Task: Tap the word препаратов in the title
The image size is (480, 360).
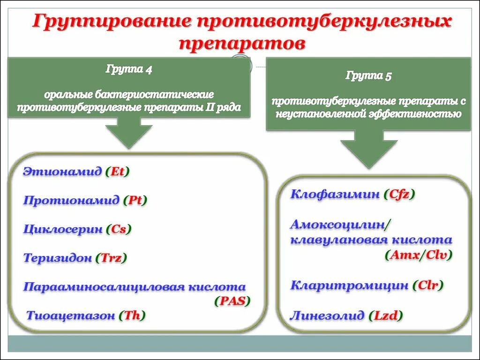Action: [242, 43]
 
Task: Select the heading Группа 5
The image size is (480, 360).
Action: [368, 75]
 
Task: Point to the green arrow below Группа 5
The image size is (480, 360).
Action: [368, 149]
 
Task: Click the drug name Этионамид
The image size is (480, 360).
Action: [62, 172]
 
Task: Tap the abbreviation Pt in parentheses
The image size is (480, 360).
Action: [135, 201]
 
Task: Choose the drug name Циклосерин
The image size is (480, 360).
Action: [63, 230]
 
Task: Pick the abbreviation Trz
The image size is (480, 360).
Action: [111, 258]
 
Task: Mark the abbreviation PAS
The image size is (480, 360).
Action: [232, 301]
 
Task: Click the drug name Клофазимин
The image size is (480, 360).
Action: [335, 194]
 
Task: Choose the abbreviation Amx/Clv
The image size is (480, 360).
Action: [419, 255]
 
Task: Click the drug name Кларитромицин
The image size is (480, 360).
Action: [349, 285]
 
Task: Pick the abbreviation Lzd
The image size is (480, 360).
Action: [386, 315]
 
